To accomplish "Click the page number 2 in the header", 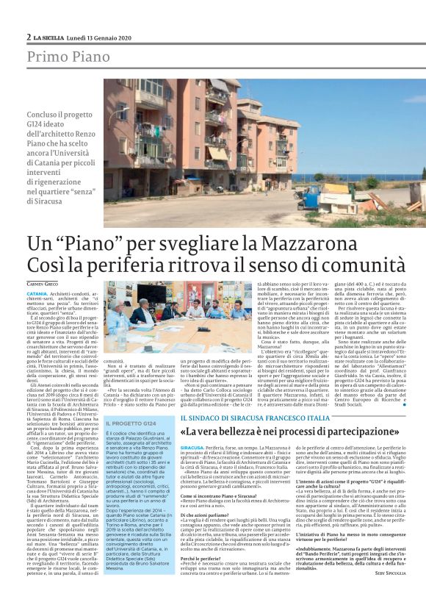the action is [28, 37].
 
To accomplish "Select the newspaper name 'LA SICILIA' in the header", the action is [51, 37].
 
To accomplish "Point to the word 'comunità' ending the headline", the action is [358, 265].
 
